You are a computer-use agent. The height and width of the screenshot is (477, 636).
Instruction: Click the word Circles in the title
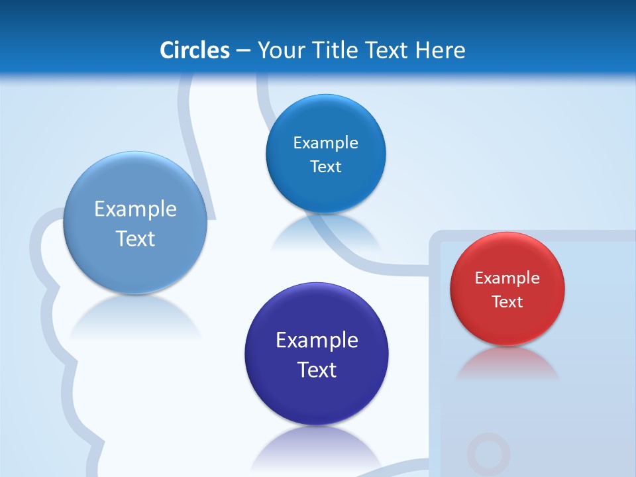(194, 50)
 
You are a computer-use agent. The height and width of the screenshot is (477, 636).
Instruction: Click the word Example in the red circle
(507, 278)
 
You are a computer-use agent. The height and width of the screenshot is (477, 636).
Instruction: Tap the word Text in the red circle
(507, 302)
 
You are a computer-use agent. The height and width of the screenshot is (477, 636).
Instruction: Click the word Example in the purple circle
(317, 341)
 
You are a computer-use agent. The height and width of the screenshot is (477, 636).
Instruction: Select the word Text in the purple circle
(317, 370)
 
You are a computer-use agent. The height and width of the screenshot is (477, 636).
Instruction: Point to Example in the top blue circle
(325, 143)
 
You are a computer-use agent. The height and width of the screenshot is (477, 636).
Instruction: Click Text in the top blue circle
(325, 167)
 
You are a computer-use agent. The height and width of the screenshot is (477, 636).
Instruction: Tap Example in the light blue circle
(135, 209)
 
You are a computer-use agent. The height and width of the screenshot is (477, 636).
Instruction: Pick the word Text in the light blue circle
(135, 238)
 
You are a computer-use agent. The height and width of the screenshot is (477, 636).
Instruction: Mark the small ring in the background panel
(488, 454)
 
